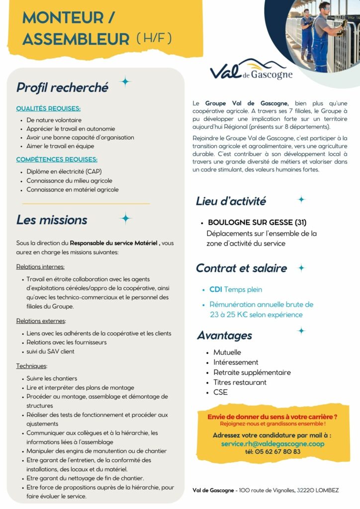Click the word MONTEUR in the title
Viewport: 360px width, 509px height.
[x=62, y=17]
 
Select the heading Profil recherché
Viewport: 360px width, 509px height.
[x=62, y=87]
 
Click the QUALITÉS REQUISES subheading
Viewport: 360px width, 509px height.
[x=48, y=108]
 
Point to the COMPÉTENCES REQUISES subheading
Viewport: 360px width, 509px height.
[x=57, y=160]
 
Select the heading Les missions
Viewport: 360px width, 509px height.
[x=52, y=220]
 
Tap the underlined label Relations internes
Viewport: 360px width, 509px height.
[x=40, y=266]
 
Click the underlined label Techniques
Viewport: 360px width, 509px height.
[x=32, y=366]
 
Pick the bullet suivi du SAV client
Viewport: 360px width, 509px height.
[x=50, y=351]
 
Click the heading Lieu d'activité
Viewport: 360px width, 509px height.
[x=231, y=201]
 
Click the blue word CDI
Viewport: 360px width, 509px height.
[x=215, y=289]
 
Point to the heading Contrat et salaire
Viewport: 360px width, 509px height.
[x=241, y=268]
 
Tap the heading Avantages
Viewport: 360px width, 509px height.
[x=224, y=336]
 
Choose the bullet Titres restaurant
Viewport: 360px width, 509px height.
[x=240, y=382]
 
